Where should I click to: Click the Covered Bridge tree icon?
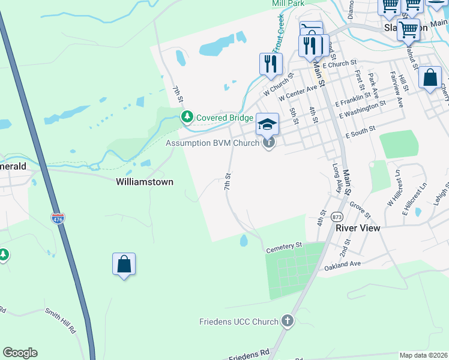187,116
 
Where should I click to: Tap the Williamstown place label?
144,181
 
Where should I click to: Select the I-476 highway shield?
58,218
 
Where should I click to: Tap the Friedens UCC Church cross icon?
288,321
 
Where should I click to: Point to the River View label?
354,228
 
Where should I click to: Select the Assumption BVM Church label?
212,143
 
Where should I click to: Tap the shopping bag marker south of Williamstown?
124,264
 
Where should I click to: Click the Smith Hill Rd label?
61,320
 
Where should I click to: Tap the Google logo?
20,353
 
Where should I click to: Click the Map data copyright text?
424,355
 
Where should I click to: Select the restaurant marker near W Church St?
271,63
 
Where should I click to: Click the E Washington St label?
363,109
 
